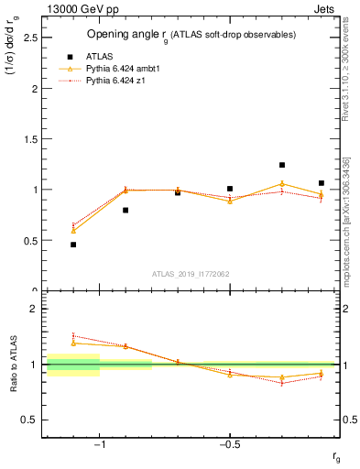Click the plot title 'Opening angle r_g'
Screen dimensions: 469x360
point(191,34)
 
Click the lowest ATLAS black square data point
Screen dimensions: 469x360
point(73,245)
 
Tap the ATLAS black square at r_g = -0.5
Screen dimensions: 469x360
point(230,189)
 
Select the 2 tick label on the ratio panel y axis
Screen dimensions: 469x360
point(34,309)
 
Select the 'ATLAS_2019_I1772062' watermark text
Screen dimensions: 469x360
point(191,273)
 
